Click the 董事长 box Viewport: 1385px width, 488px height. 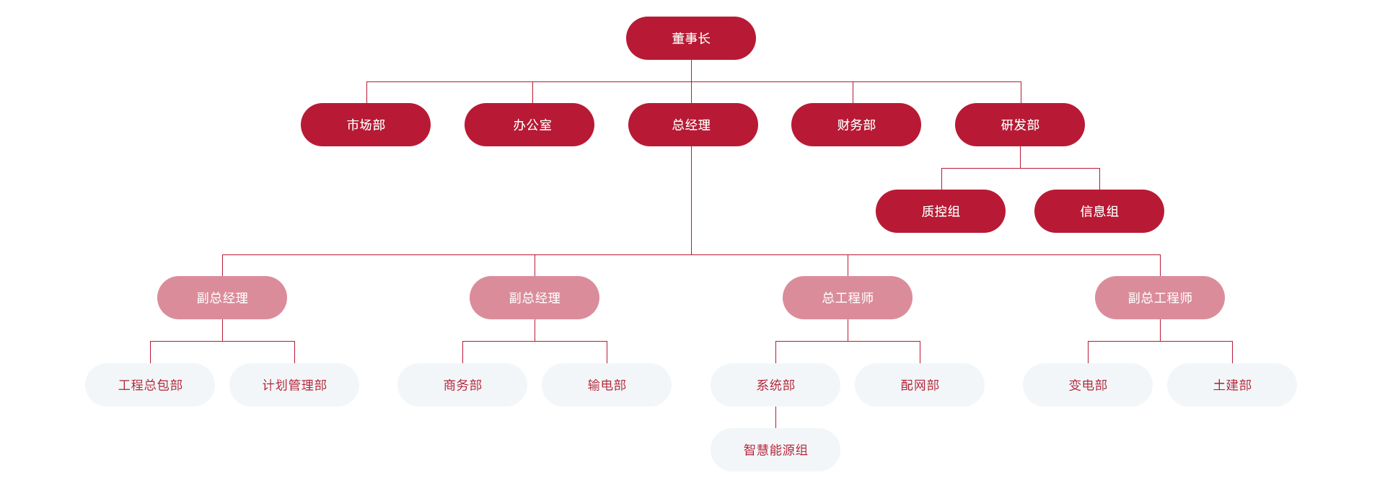point(690,38)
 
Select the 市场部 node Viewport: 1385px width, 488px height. point(366,125)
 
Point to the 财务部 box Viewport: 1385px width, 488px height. point(856,125)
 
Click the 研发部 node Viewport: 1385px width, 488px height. point(1019,125)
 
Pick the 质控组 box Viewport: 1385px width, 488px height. point(940,211)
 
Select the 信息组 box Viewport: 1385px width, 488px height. point(1099,211)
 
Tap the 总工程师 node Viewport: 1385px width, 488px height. point(847,298)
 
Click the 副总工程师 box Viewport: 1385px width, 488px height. point(1159,298)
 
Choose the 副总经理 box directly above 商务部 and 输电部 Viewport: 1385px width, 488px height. point(534,298)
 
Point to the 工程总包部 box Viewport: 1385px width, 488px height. point(150,385)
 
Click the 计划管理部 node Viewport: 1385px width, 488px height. point(294,385)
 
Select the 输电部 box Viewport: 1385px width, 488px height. point(606,385)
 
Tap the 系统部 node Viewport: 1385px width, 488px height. point(775,385)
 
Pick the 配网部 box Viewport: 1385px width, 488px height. point(919,385)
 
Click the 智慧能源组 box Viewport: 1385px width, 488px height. point(775,450)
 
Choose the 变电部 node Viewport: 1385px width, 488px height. point(1087,385)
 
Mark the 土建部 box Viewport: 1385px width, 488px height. point(1231,385)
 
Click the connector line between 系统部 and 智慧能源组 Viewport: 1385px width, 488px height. point(775,417)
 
